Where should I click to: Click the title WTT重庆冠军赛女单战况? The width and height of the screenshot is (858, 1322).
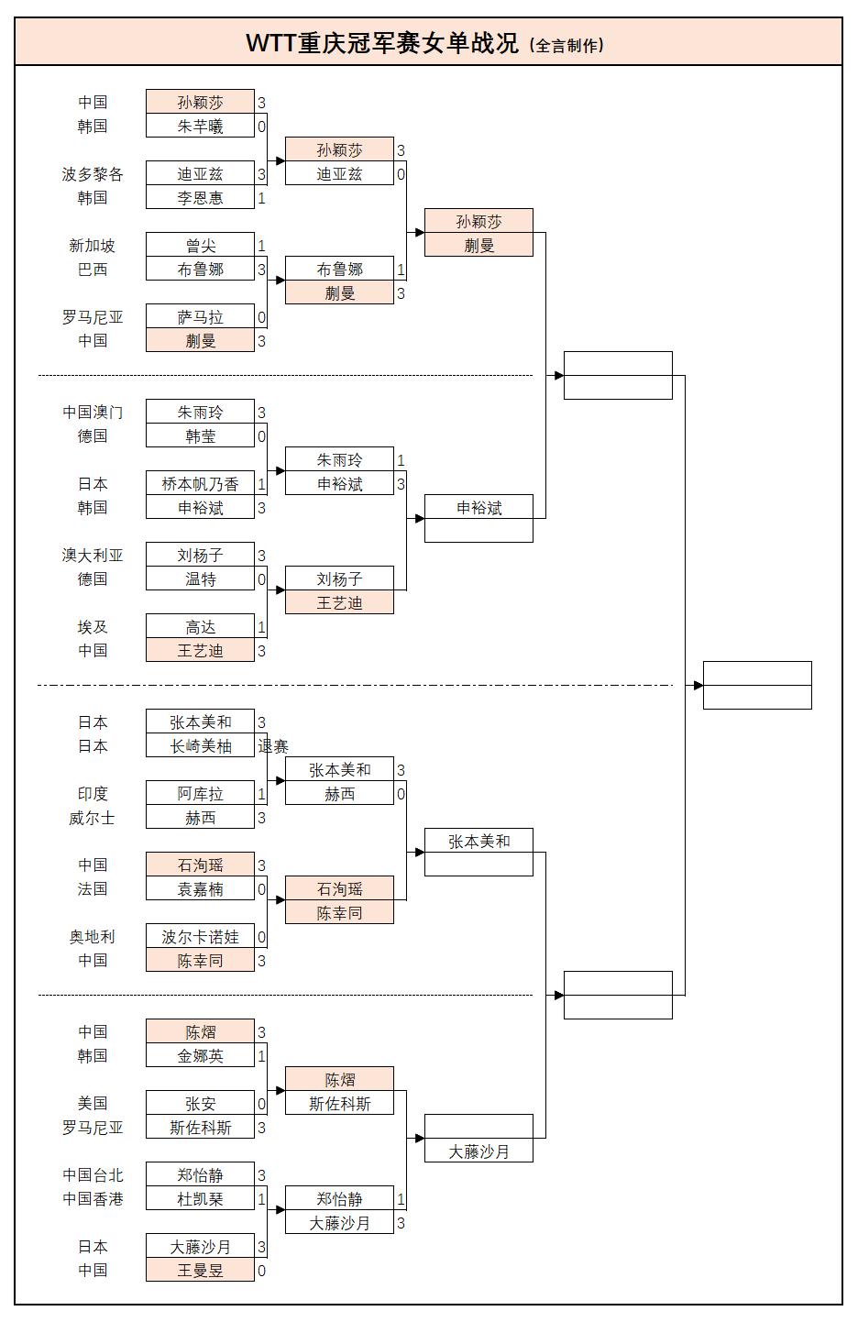pos(382,42)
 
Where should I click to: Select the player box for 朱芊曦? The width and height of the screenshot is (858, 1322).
pos(200,126)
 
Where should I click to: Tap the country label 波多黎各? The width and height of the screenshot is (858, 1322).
pos(93,174)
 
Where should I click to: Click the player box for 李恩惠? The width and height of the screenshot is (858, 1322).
pos(200,197)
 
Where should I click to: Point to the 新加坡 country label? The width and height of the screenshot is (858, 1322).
pos(92,246)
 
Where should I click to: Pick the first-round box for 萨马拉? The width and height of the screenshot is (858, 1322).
pos(200,316)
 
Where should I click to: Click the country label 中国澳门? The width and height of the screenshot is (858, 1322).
pos(93,412)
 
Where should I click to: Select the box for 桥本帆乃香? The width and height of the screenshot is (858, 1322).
pos(200,483)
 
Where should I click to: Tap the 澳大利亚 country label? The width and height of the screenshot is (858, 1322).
pos(93,555)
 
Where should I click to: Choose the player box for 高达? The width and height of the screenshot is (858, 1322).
pos(200,626)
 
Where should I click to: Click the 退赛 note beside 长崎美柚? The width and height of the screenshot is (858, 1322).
pos(272,746)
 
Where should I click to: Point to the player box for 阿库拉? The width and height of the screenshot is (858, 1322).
pos(200,793)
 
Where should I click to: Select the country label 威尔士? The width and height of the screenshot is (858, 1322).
pos(92,818)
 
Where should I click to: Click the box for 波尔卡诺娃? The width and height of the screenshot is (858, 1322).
pos(200,937)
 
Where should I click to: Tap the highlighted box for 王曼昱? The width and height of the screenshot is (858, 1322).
pos(200,1270)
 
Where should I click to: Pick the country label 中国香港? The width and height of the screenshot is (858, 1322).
pos(93,1198)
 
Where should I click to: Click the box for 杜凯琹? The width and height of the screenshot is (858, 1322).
pos(200,1198)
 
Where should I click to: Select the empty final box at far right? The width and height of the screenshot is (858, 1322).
pos(757,685)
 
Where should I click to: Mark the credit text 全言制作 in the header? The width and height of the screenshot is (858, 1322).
pos(566,46)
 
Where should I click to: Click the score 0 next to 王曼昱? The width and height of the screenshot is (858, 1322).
pos(261,1271)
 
